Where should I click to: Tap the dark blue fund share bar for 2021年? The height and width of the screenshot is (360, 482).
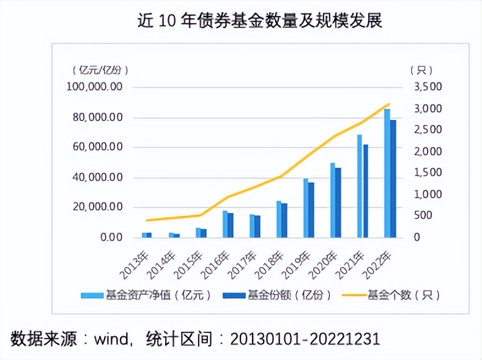366,190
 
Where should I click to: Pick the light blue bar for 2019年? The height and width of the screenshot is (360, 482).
306,208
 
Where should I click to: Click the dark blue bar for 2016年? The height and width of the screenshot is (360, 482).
231,225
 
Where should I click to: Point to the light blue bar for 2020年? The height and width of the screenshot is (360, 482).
333,200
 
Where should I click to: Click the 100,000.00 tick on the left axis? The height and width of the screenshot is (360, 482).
94,87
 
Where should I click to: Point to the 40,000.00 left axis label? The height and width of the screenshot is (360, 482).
97,178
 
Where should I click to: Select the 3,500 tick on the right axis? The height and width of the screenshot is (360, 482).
428,87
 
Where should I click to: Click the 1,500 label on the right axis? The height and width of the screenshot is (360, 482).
428,173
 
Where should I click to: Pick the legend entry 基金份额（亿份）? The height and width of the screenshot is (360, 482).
281,295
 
